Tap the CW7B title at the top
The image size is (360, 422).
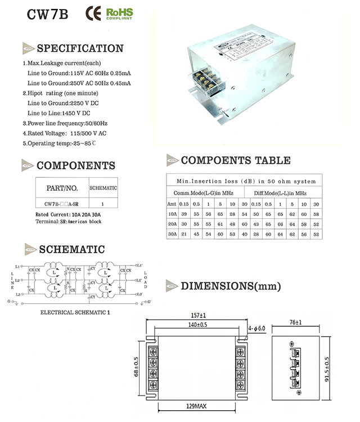47,15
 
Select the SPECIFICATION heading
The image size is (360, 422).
79,48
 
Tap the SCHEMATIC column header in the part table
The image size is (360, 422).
103,188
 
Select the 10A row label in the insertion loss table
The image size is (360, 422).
173,214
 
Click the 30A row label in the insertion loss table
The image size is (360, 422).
173,233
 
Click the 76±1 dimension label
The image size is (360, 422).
295,322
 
